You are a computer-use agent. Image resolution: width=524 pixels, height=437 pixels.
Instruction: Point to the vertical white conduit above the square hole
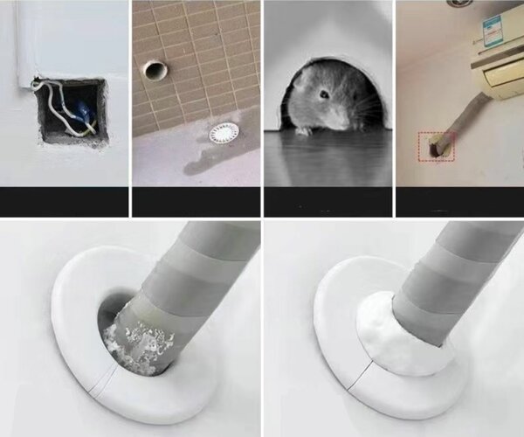pos(27,39)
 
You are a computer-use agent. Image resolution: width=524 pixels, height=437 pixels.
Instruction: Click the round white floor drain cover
pos(224,133)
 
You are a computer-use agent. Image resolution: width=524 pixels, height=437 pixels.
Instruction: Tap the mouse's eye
pos(323,94)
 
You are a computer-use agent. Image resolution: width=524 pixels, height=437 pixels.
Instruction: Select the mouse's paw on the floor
pos(303,131)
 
